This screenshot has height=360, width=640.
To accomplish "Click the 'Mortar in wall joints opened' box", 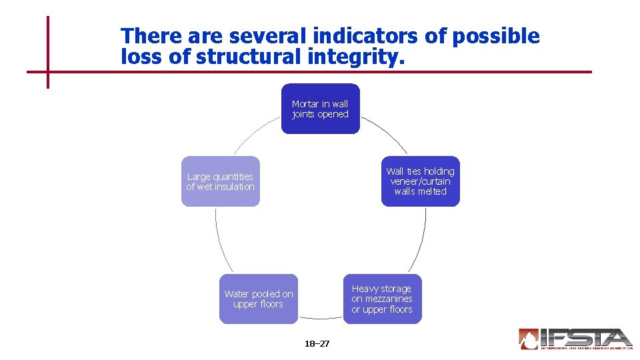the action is coord(320,109).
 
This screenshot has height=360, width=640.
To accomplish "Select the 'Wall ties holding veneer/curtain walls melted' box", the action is coord(420,181).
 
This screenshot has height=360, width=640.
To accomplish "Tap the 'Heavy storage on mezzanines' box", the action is coord(382,299).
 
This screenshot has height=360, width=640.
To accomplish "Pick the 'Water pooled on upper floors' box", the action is coord(259,299).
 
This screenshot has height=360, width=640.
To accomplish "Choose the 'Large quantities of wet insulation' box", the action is coord(220,181).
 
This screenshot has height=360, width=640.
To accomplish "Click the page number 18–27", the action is coord(317,344).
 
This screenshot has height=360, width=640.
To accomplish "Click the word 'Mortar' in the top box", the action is coord(305,104).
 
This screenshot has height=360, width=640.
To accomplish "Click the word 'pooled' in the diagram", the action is coord(267,294).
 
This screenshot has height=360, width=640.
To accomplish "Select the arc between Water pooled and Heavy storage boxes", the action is coord(321,318).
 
